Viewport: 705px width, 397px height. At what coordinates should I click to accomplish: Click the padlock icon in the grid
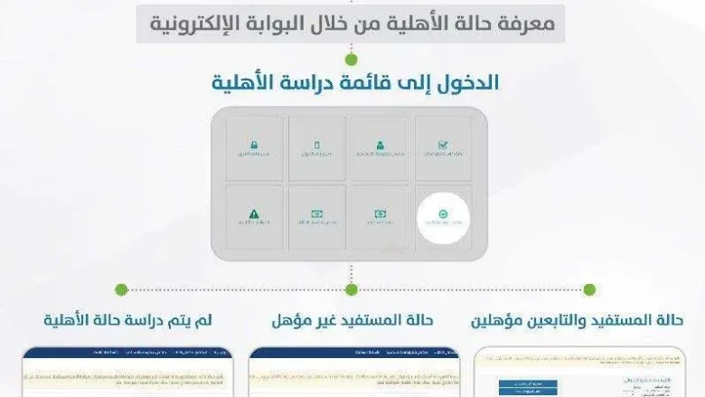coord(254,145)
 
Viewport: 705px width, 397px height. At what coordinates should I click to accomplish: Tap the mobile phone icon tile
coord(317,145)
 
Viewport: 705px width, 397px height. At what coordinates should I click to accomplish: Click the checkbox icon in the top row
coord(443,145)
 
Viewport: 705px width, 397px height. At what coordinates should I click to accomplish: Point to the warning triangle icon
coord(254,214)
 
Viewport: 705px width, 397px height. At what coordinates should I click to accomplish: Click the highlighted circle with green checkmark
coord(443,215)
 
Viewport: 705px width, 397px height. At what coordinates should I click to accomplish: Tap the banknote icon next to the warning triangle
coord(317,214)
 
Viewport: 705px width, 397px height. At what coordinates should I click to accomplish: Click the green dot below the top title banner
coord(351,59)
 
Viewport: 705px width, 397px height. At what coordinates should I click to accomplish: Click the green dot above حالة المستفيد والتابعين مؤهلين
coord(589,289)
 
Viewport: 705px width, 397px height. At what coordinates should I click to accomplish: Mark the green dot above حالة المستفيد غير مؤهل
coord(351,289)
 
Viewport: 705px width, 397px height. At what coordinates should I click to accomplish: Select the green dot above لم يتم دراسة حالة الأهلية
coord(120,289)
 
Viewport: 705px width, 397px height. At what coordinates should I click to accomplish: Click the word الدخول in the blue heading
coord(466,84)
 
